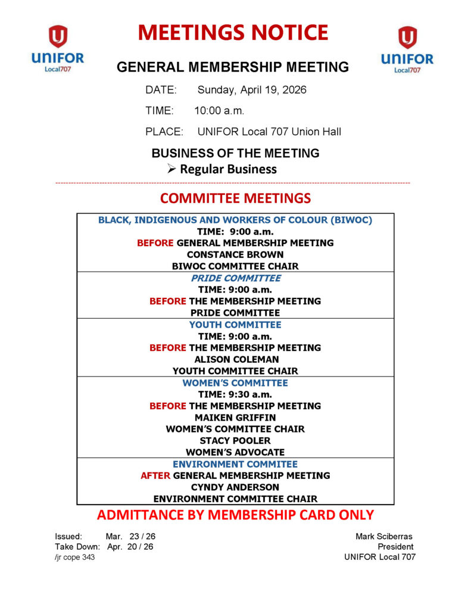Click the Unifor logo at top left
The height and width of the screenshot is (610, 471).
pyautogui.click(x=58, y=49)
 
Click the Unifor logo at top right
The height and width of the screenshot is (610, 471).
pyautogui.click(x=407, y=49)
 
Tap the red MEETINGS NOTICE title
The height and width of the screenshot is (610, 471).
pyautogui.click(x=233, y=32)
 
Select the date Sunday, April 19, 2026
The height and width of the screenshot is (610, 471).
pyautogui.click(x=252, y=91)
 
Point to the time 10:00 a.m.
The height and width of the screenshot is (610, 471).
pyautogui.click(x=219, y=111)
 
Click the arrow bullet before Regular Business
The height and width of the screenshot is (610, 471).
pyautogui.click(x=171, y=169)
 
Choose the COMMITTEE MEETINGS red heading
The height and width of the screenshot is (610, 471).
pyautogui.click(x=235, y=198)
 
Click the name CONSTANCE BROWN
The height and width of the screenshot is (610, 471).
pyautogui.click(x=235, y=254)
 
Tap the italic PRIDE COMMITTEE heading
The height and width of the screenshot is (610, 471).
pyautogui.click(x=235, y=278)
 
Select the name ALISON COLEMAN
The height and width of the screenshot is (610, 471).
pyautogui.click(x=235, y=359)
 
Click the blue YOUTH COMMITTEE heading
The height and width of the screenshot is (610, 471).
pyautogui.click(x=235, y=325)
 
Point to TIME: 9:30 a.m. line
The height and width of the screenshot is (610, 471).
pyautogui.click(x=235, y=394)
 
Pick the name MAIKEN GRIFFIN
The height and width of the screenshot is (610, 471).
pyautogui.click(x=235, y=418)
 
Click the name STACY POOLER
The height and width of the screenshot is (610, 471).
pyautogui.click(x=235, y=441)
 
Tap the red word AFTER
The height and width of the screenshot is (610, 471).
pyautogui.click(x=155, y=475)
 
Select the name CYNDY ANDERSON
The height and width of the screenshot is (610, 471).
pyautogui.click(x=235, y=487)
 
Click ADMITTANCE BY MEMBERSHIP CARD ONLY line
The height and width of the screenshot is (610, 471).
pyautogui.click(x=235, y=515)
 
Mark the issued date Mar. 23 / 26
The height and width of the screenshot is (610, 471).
pyautogui.click(x=130, y=536)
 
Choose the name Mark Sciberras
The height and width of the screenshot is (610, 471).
pyautogui.click(x=385, y=536)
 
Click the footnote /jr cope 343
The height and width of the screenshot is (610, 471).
pyautogui.click(x=74, y=557)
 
